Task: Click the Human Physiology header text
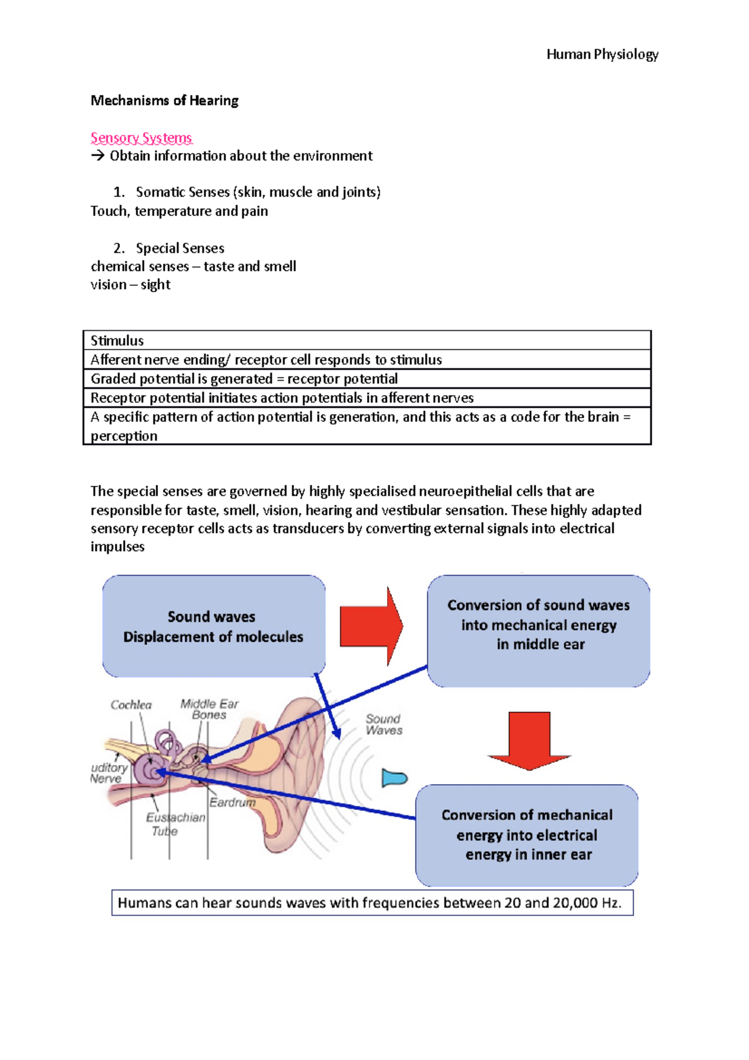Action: pyautogui.click(x=602, y=54)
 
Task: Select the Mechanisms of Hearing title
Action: pyautogui.click(x=164, y=101)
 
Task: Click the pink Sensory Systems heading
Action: pyautogui.click(x=141, y=137)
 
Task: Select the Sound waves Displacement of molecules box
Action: pyautogui.click(x=213, y=626)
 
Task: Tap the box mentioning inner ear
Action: pyautogui.click(x=527, y=835)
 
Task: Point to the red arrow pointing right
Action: pyautogui.click(x=371, y=626)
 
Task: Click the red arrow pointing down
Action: pyautogui.click(x=529, y=740)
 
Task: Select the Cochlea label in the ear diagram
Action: pyautogui.click(x=131, y=705)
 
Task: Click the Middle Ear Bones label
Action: pyautogui.click(x=209, y=709)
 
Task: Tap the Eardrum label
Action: pyautogui.click(x=232, y=802)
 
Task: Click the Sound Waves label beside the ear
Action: pyautogui.click(x=383, y=724)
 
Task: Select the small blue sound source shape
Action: pyautogui.click(x=394, y=778)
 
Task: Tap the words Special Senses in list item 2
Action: pyautogui.click(x=180, y=248)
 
